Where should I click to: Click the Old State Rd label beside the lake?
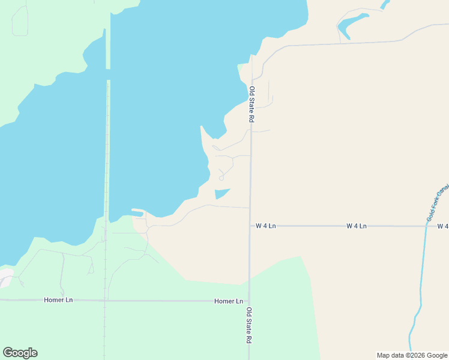click(252, 105)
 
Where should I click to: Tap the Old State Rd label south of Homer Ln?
click(249, 325)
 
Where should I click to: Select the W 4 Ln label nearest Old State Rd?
click(265, 226)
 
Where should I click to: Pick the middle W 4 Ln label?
click(356, 226)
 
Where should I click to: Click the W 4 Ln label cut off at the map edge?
click(443, 226)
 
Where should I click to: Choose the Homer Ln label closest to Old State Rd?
click(229, 301)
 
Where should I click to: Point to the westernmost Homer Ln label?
click(58, 299)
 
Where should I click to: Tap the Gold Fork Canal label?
click(438, 203)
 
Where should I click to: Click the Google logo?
click(20, 353)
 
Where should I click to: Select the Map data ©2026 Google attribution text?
click(412, 355)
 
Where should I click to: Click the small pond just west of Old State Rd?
click(221, 193)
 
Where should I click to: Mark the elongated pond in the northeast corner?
click(352, 23)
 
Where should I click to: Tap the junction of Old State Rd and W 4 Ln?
click(250, 226)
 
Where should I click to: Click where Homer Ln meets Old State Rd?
click(249, 301)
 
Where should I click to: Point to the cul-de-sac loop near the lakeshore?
click(221, 178)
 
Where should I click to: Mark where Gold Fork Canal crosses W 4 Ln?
click(426, 226)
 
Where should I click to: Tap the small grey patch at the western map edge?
click(5, 277)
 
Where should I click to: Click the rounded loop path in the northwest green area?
click(20, 21)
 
